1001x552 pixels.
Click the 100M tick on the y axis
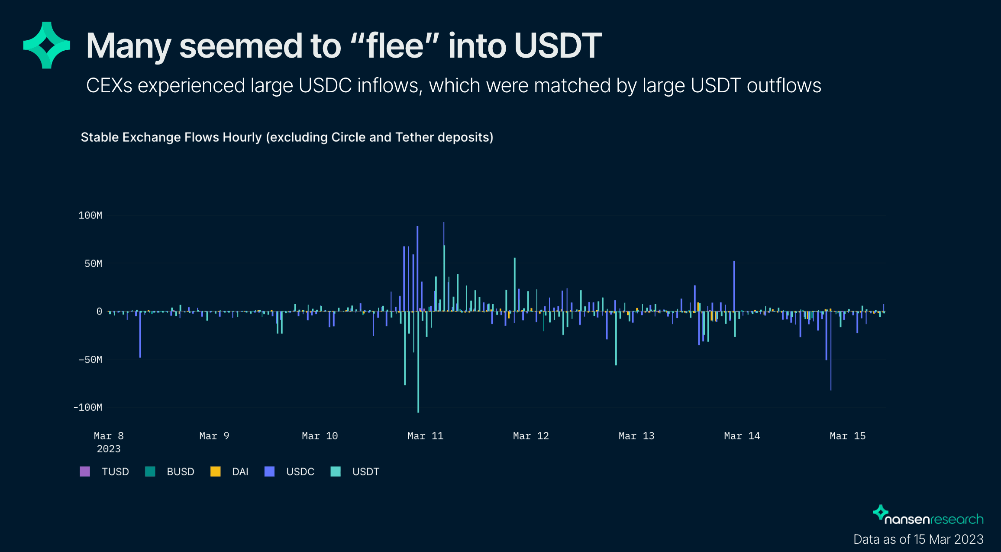tap(90, 215)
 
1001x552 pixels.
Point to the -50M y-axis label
tap(90, 359)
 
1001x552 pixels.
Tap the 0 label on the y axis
tap(99, 311)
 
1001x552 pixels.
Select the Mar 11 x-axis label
tap(425, 436)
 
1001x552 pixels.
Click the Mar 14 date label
tap(742, 436)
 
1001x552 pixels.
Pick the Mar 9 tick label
tap(214, 436)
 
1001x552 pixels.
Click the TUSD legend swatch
tap(85, 471)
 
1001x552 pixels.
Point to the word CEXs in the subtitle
tap(109, 85)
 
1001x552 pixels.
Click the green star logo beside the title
tap(47, 45)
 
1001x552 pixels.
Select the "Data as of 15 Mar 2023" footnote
tap(918, 539)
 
